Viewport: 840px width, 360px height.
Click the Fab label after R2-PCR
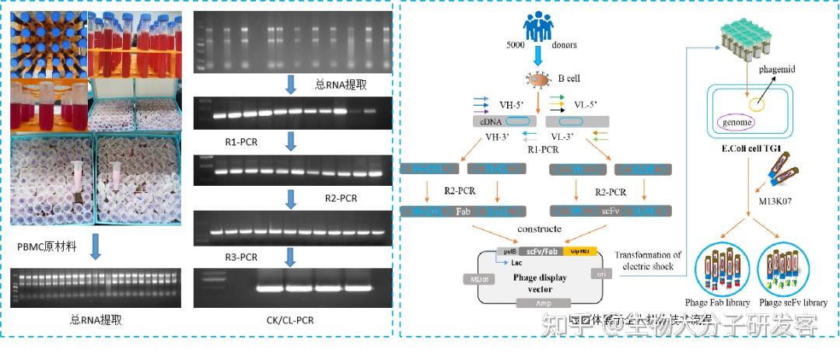463,210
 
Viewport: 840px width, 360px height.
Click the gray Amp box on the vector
548,303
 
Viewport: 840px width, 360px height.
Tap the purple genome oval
737,123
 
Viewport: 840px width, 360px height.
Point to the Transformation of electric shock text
647,260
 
